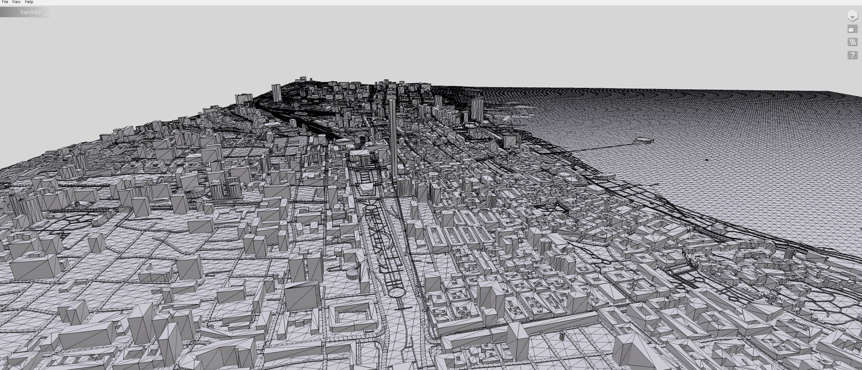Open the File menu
point(5,2)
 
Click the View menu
point(16,2)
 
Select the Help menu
point(29,2)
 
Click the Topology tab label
point(30,12)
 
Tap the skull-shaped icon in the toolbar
point(852,16)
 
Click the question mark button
point(852,55)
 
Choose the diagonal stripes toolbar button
point(852,42)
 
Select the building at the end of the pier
point(643,141)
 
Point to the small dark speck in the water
point(707,160)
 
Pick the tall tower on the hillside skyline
point(277,92)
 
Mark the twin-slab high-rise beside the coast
point(477,109)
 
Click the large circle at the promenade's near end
point(397,293)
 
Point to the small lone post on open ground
point(562,336)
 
